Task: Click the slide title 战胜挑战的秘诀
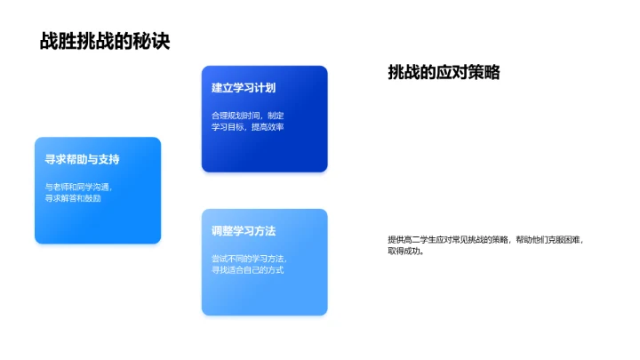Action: pos(105,41)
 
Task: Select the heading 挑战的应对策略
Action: pos(444,73)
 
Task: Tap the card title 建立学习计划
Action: pos(244,89)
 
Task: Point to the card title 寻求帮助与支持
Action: pos(83,160)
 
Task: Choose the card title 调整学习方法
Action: pos(244,231)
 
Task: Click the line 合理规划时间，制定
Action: pos(248,115)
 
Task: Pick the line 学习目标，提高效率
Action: pos(248,127)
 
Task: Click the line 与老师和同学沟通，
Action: pos(79,187)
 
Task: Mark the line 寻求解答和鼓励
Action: pos(73,198)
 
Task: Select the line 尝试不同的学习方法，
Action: pos(250,258)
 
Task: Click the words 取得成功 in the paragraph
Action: pos(404,252)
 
